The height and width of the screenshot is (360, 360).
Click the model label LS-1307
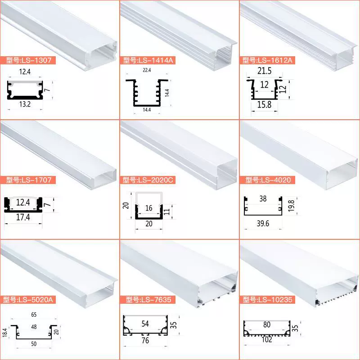click(x=29, y=60)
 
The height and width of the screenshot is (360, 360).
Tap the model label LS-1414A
click(x=148, y=60)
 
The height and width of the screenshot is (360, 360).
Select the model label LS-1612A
click(x=267, y=60)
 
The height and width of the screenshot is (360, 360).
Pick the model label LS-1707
click(x=29, y=180)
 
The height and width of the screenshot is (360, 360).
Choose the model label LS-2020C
click(x=148, y=180)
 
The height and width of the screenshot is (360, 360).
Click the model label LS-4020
click(x=268, y=180)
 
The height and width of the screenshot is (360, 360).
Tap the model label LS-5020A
click(x=28, y=300)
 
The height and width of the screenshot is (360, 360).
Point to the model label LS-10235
click(x=268, y=300)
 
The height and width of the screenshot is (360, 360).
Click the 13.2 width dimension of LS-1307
click(x=25, y=104)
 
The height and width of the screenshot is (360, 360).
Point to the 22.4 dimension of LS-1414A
click(x=147, y=70)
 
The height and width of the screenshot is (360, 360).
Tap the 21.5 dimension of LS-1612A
click(x=264, y=71)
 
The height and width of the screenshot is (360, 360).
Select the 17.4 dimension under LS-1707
click(x=23, y=217)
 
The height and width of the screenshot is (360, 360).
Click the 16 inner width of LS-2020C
click(x=149, y=208)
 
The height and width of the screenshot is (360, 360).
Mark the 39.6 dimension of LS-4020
click(x=263, y=223)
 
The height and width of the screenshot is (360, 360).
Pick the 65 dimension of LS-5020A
click(x=34, y=315)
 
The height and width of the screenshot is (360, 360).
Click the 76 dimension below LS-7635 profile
click(x=145, y=341)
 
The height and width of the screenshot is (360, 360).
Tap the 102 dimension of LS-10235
click(x=267, y=339)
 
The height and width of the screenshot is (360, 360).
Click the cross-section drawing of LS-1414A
click(x=147, y=93)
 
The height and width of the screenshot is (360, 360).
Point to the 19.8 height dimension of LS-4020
click(x=291, y=206)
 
